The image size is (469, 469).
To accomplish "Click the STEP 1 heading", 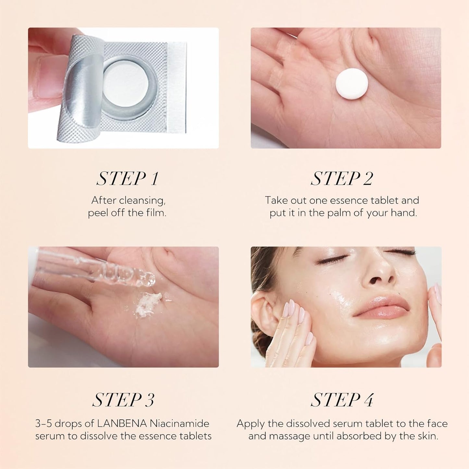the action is pyautogui.click(x=127, y=179).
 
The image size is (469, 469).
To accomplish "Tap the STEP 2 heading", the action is pyautogui.click(x=342, y=179).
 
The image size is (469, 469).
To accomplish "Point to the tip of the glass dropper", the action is pyautogui.click(x=152, y=282).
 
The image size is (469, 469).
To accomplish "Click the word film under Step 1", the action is pyautogui.click(x=158, y=213).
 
